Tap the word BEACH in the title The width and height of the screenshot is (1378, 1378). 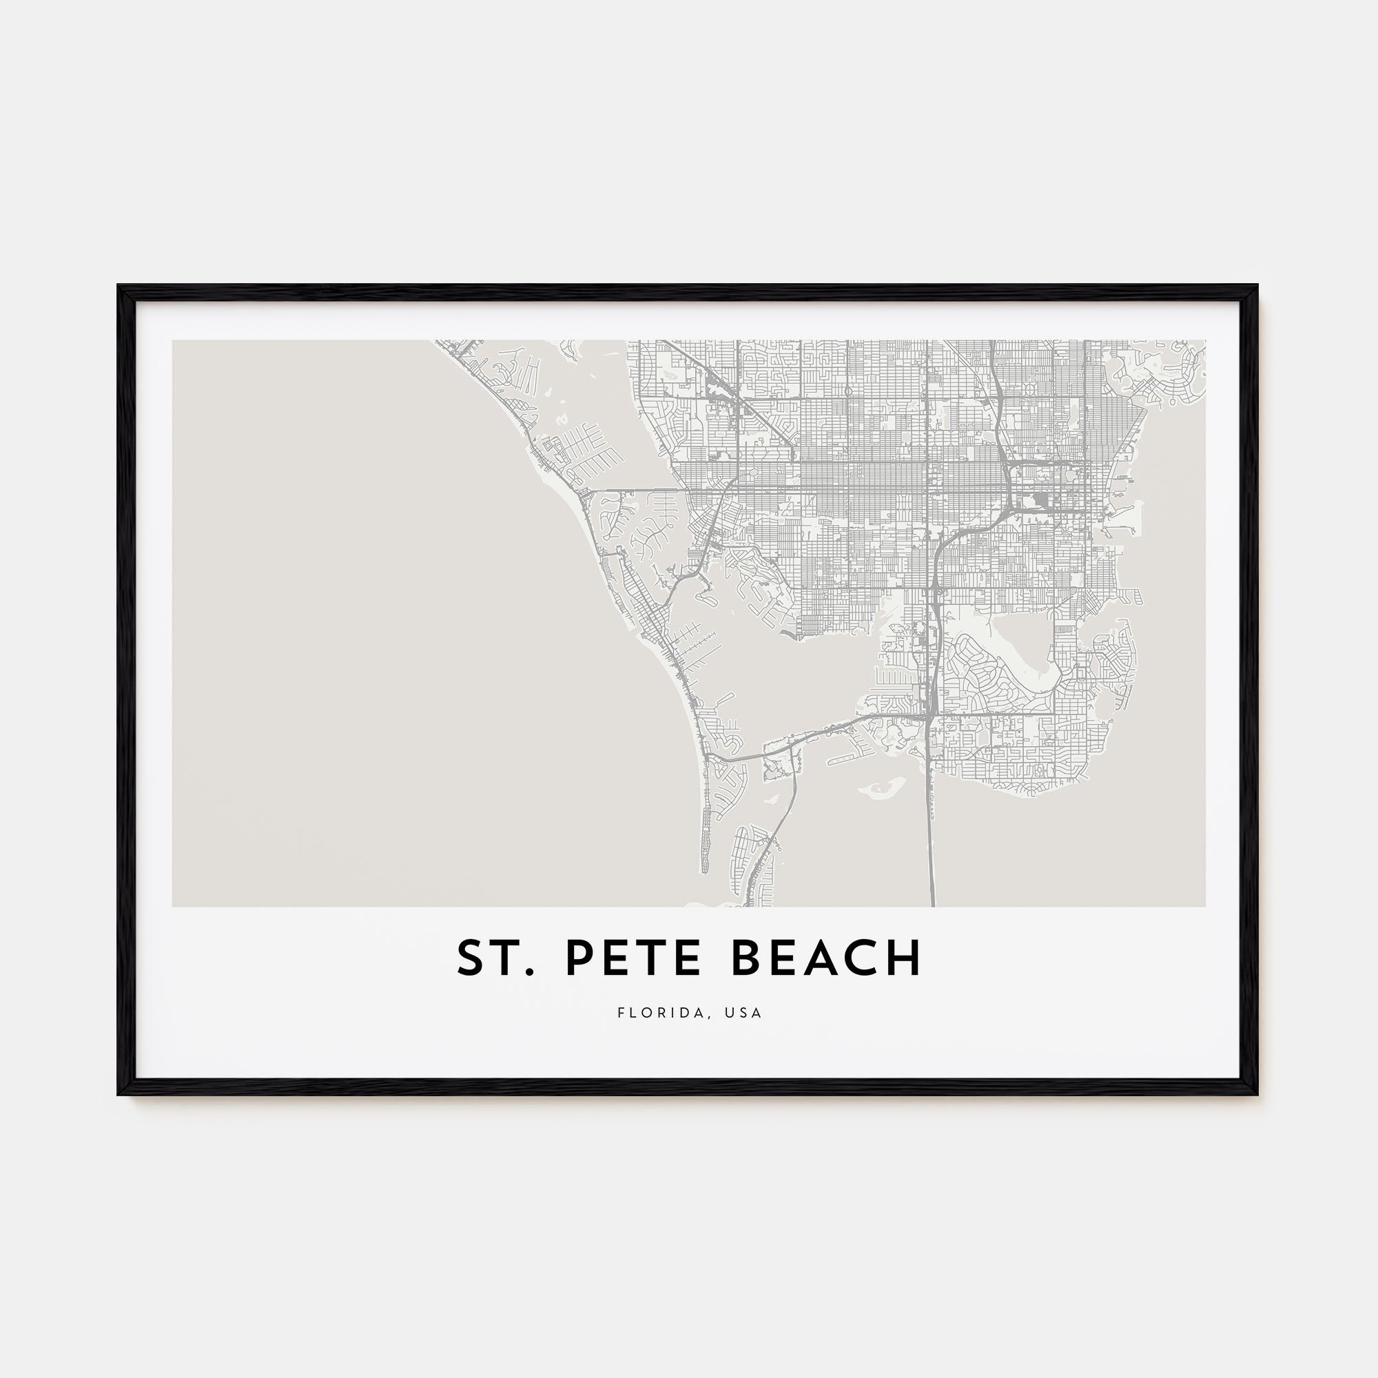pyautogui.click(x=827, y=958)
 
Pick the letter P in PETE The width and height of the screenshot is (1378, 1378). pyautogui.click(x=579, y=958)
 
